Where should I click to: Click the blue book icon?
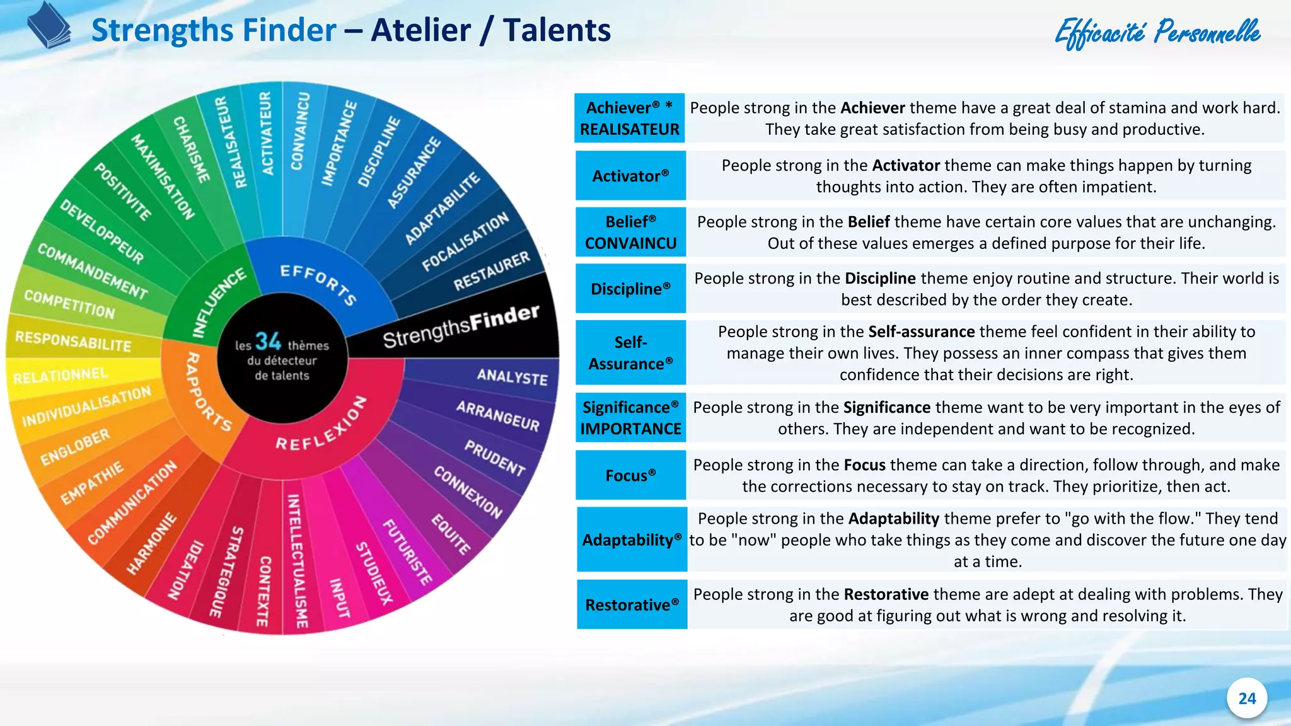[49, 26]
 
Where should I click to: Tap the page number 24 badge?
[1246, 698]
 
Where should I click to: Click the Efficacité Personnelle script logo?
[1157, 33]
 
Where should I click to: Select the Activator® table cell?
[630, 176]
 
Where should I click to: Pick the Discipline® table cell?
[630, 289]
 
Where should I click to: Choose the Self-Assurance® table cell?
[630, 353]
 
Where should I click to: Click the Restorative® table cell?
[632, 605]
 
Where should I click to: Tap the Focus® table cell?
[630, 475]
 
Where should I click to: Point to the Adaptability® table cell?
[632, 540]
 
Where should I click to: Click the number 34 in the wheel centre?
[268, 342]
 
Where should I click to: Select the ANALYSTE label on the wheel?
[512, 376]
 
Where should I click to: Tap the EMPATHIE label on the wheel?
[92, 483]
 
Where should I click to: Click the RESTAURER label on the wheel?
[492, 272]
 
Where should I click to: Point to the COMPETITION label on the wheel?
[69, 304]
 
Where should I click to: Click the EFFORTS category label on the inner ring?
[318, 284]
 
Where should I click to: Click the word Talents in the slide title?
[557, 30]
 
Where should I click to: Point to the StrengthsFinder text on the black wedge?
[461, 326]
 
